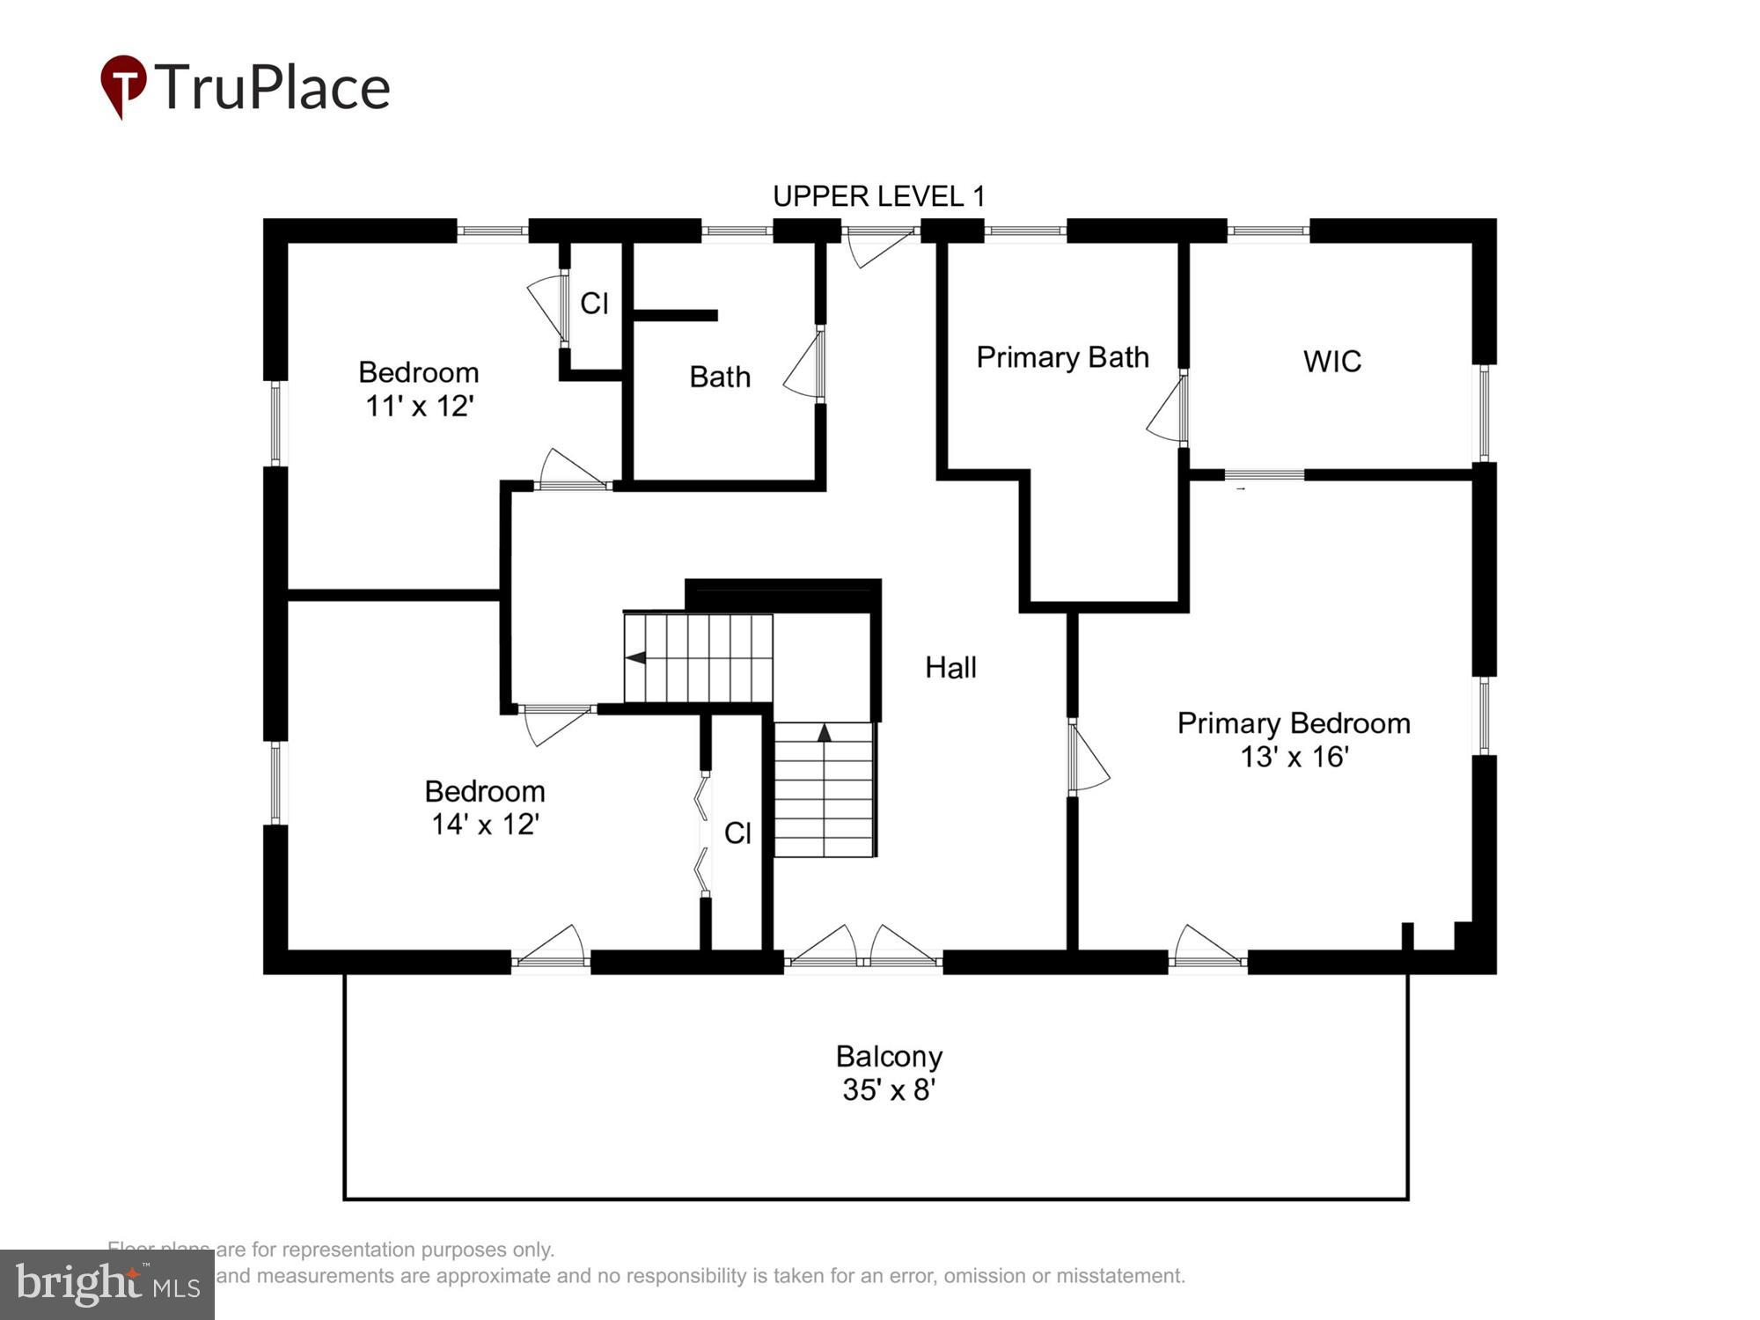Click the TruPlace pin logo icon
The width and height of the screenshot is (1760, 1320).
pos(123,85)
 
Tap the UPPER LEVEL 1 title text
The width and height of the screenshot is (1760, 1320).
pos(878,196)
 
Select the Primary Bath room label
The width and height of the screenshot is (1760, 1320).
pos(1062,357)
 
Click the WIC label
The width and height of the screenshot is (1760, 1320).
pos(1331,362)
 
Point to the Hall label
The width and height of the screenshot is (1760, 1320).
pos(950,668)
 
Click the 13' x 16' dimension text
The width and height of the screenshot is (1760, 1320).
pos(1294,757)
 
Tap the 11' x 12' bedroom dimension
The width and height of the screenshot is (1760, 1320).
pos(419,407)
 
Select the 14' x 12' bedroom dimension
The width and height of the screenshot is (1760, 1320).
pos(484,825)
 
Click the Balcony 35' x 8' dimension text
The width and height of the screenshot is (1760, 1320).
pos(888,1090)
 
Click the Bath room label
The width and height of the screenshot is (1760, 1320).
pos(720,378)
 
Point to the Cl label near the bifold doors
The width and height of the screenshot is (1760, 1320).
pos(737,833)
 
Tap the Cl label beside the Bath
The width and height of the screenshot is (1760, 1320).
pos(594,304)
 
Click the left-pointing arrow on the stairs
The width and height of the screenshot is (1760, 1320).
pos(634,657)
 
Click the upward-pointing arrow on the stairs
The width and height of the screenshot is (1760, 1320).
pos(824,732)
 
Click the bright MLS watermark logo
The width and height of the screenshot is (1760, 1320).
pos(107,1285)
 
